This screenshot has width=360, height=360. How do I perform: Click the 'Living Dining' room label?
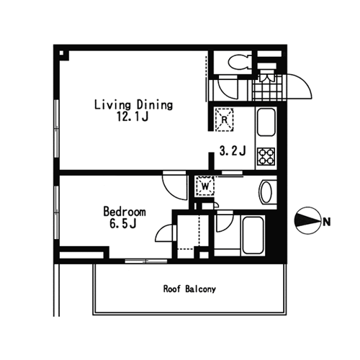pyautogui.click(x=133, y=105)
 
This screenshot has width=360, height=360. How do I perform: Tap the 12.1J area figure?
pyautogui.click(x=132, y=117)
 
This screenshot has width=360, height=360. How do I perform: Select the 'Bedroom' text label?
pyautogui.click(x=125, y=212)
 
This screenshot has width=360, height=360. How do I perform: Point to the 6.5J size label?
pyautogui.click(x=123, y=223)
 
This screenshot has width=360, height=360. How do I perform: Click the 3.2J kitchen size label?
pyautogui.click(x=233, y=151)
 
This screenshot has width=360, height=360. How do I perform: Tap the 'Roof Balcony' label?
pyautogui.click(x=189, y=289)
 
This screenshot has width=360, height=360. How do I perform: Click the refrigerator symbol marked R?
pyautogui.click(x=224, y=120)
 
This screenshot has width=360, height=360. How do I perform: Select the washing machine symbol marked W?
pyautogui.click(x=205, y=186)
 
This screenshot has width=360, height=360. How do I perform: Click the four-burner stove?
pyautogui.click(x=266, y=156)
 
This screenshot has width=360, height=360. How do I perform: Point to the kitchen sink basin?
pyautogui.click(x=266, y=122)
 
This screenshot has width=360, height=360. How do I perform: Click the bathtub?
pyautogui.click(x=253, y=235)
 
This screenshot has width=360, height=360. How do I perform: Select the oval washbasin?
pyautogui.click(x=266, y=192)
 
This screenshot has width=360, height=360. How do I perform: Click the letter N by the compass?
pyautogui.click(x=327, y=222)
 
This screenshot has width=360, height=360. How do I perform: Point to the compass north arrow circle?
pyautogui.click(x=308, y=220)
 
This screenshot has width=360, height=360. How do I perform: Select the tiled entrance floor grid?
pyautogui.click(x=269, y=87)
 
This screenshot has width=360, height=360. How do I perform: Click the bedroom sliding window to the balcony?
pyautogui.click(x=146, y=261)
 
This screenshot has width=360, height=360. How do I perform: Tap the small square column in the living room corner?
pyautogui.click(x=61, y=53)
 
